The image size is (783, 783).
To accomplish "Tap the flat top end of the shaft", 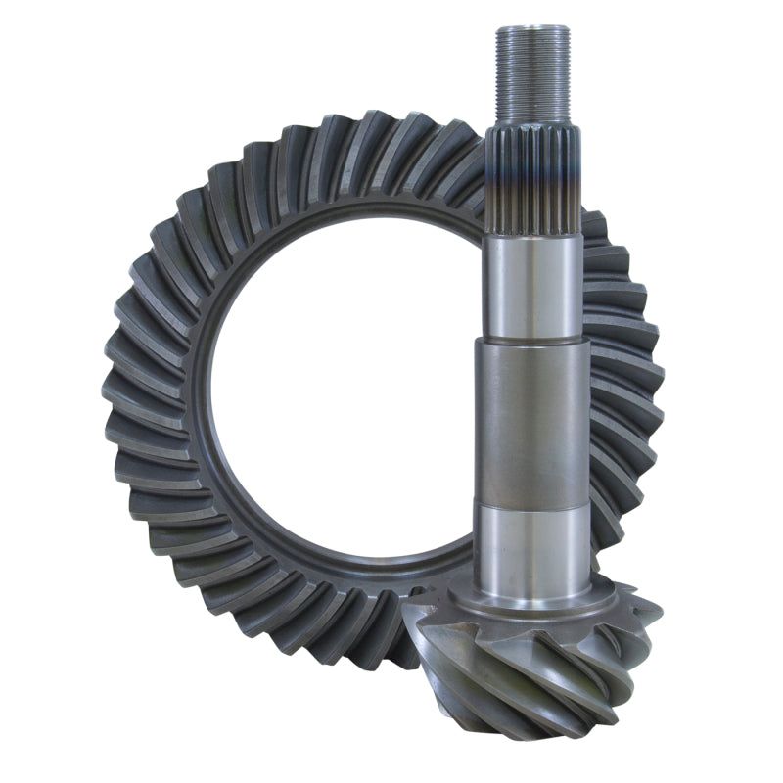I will point(531,29).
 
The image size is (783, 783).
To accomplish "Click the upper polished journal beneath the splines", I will point(533,284).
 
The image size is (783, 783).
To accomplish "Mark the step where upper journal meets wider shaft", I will point(533,339).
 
